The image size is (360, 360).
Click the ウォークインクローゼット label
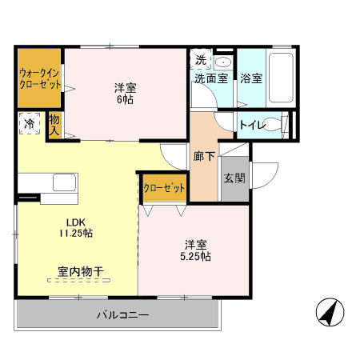point(39,78)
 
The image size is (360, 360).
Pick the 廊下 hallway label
point(204,157)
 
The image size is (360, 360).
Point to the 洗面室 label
point(210,78)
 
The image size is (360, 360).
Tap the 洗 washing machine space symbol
point(201,60)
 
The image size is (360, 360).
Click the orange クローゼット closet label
point(164,188)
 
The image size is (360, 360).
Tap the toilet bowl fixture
point(273,125)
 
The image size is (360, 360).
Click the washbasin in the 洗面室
point(222,61)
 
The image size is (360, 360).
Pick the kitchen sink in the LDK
point(63,182)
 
